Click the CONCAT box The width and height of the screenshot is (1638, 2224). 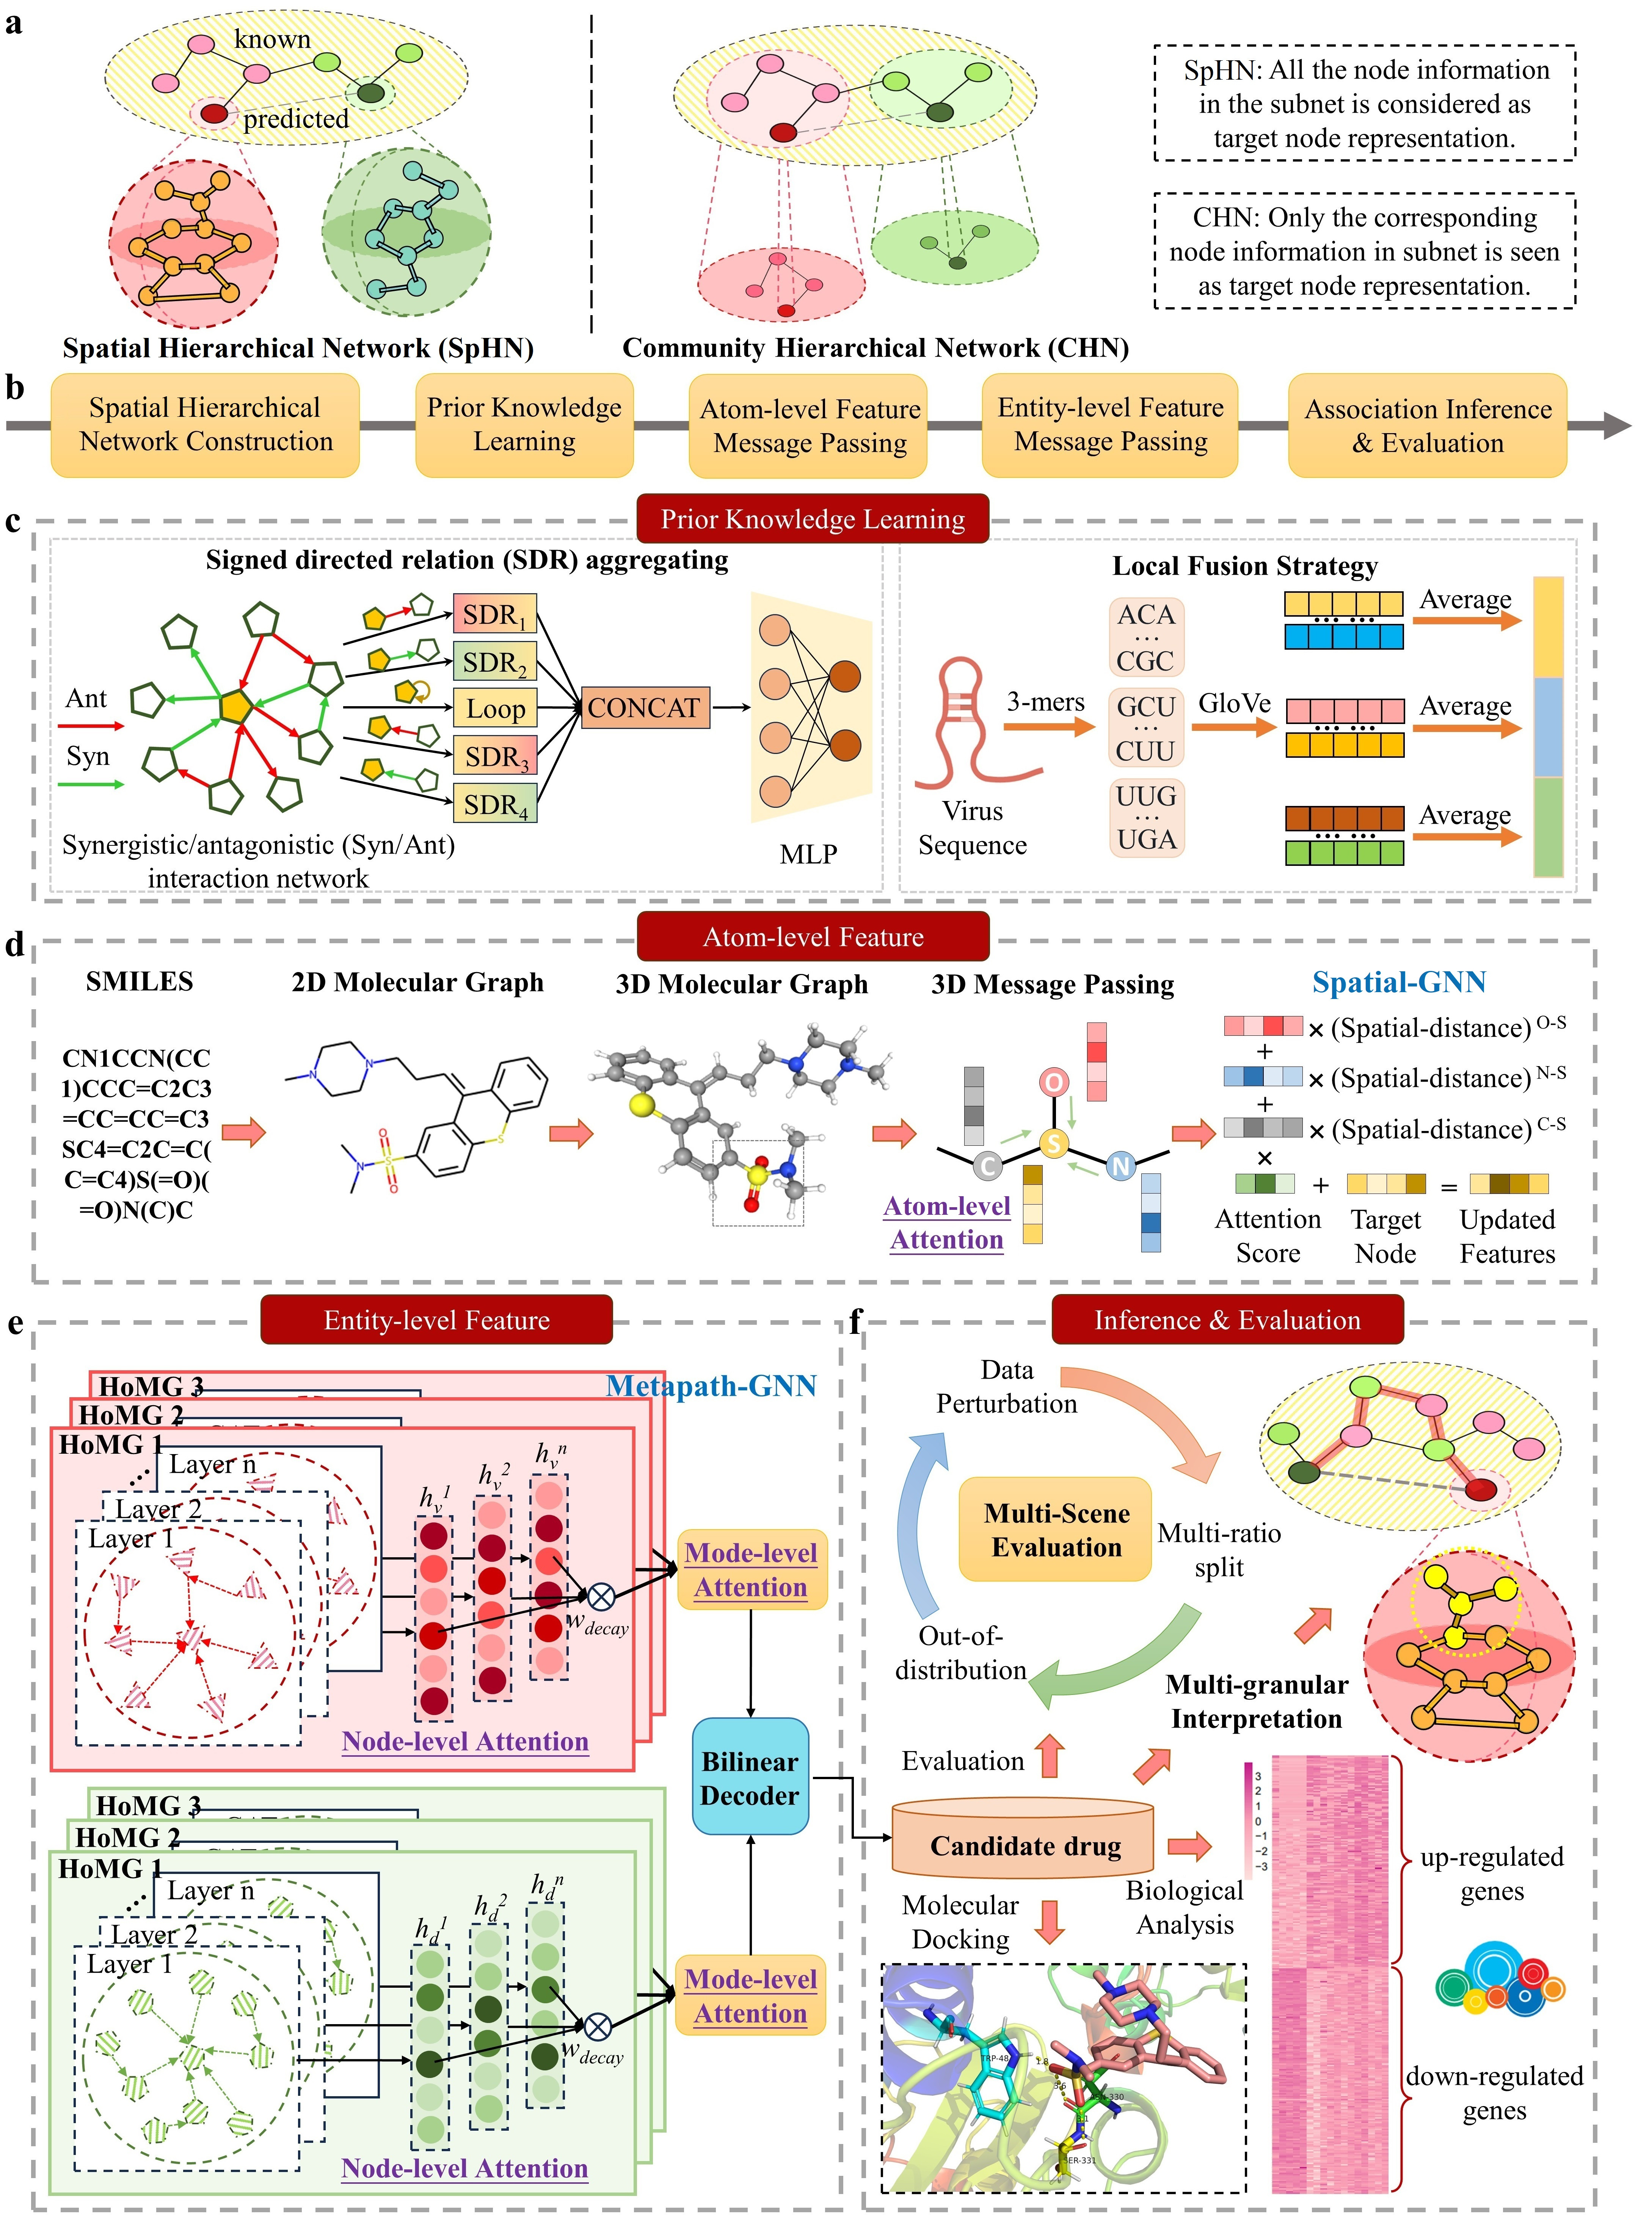(645, 708)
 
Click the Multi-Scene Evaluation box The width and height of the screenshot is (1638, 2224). (1056, 1530)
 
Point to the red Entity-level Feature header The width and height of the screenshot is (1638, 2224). (436, 1320)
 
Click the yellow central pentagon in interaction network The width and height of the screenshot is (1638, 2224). (236, 707)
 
